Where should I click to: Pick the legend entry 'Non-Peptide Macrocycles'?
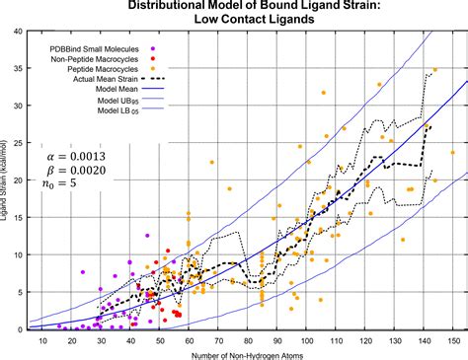(x=94, y=60)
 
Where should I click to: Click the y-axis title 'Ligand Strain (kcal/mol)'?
(x=7, y=182)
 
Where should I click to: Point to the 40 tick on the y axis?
(x=17, y=32)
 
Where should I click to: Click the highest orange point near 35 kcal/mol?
(x=435, y=70)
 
